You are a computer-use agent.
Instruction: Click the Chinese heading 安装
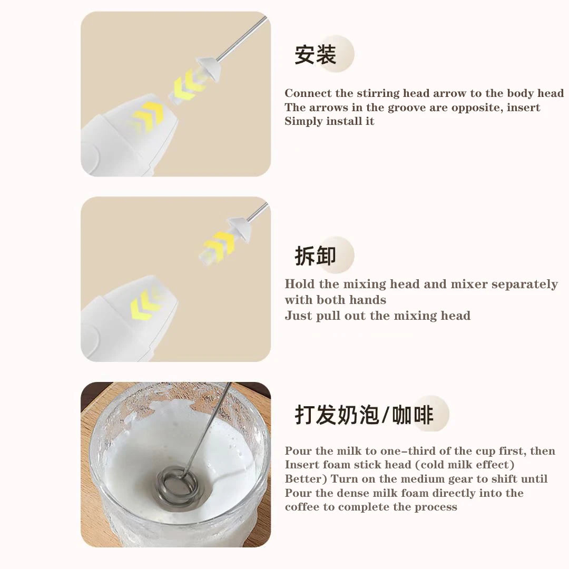click(x=315, y=55)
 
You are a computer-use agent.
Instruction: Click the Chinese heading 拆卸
click(x=315, y=256)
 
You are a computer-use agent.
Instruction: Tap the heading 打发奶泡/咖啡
click(x=364, y=415)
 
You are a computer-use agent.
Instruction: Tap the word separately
click(x=524, y=284)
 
